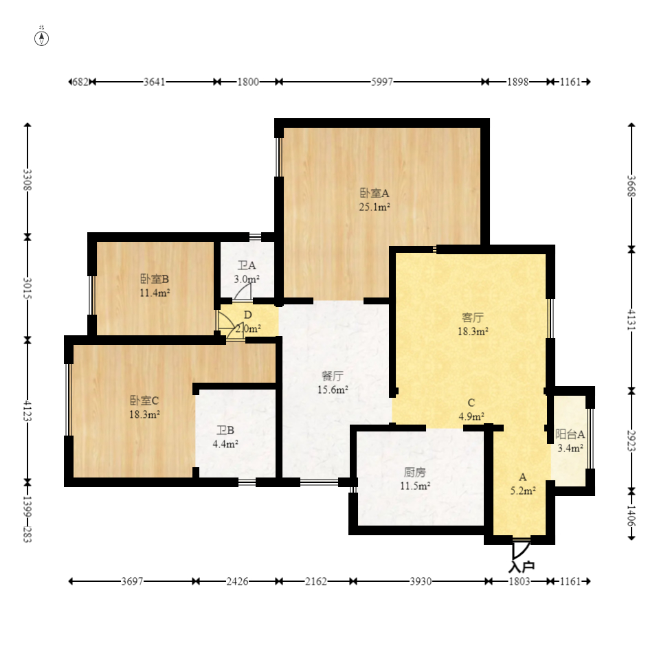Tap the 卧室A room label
coord(375,193)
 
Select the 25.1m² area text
coord(375,207)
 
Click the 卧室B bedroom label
coord(155,279)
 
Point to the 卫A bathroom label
coord(247,265)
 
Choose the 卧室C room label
coord(144,401)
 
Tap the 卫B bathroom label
coord(225,431)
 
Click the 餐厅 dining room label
coord(333,376)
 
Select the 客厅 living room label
coord(473,317)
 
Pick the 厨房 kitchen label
coord(415,472)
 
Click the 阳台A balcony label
coord(570,434)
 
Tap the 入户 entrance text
coord(522,567)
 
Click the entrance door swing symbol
coord(521,550)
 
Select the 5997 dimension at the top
coord(382,82)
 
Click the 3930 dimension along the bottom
coord(421,582)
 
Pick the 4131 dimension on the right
coord(631,319)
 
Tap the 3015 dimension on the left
coord(27,288)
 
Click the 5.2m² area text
coord(523,491)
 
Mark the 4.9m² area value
coord(471,417)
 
